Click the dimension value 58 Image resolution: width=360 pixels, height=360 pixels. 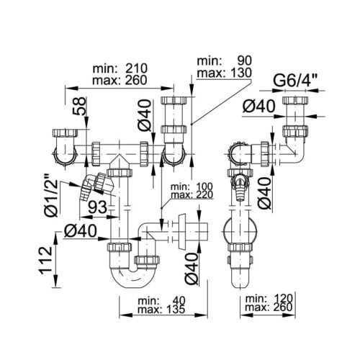[x=80, y=106]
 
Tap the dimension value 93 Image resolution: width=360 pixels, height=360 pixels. [x=98, y=207]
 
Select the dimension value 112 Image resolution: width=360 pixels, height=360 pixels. [x=45, y=260]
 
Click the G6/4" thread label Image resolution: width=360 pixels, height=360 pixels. [x=295, y=81]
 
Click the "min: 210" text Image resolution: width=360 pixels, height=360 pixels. [x=120, y=68]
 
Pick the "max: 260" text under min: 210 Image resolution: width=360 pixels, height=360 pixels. [x=120, y=80]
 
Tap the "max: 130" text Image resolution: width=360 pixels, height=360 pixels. [x=224, y=73]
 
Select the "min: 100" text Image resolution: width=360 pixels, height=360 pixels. [x=192, y=186]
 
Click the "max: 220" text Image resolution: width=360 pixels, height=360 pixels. [x=192, y=194]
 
